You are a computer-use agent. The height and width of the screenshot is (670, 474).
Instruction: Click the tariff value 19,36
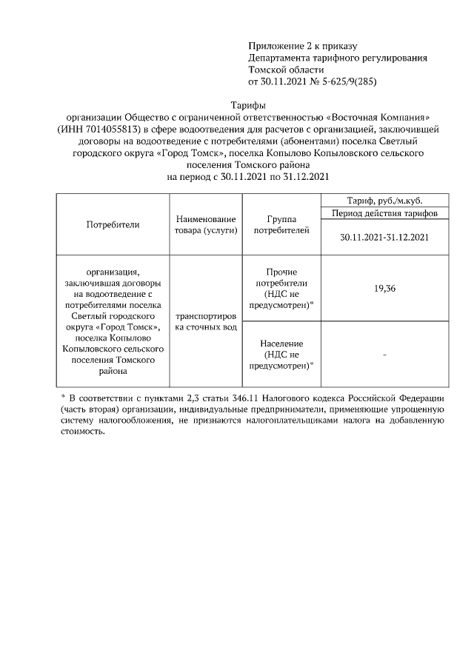(384, 289)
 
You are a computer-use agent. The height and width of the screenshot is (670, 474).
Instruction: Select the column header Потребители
(113, 224)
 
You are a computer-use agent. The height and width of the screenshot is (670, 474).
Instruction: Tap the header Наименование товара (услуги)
(206, 224)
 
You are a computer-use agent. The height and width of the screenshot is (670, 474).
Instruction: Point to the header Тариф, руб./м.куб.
(384, 200)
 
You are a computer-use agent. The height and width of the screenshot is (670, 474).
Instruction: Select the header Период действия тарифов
(384, 212)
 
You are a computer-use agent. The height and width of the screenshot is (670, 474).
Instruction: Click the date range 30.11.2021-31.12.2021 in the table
(384, 237)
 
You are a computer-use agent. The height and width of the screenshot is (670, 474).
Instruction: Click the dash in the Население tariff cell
(384, 355)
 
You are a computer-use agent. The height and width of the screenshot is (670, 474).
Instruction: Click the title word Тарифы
(248, 106)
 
